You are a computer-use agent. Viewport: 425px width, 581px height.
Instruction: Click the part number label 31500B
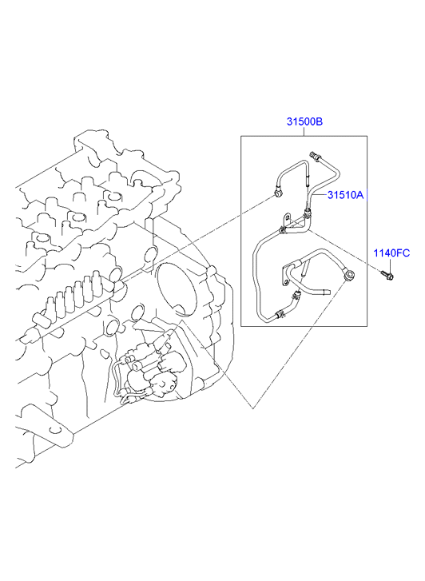pyautogui.click(x=304, y=121)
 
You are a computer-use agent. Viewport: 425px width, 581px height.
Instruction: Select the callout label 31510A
pyautogui.click(x=345, y=195)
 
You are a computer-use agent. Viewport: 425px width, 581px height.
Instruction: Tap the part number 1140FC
pyautogui.click(x=391, y=253)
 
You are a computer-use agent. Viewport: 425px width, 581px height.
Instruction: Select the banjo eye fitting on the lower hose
pyautogui.click(x=348, y=275)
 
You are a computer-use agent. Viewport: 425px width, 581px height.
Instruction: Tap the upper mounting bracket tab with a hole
pyautogui.click(x=287, y=218)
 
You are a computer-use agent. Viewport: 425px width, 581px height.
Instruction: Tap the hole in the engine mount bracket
pyautogui.click(x=55, y=430)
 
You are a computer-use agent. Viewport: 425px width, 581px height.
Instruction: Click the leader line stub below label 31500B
pyautogui.click(x=304, y=131)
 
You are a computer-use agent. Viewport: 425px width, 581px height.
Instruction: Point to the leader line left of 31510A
pyautogui.click(x=320, y=193)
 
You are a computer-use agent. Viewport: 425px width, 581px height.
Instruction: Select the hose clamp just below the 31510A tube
pyautogui.click(x=308, y=213)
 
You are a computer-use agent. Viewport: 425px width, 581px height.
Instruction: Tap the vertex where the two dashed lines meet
pyautogui.click(x=253, y=408)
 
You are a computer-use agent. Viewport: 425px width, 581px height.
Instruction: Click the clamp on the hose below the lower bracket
pyautogui.click(x=296, y=296)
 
